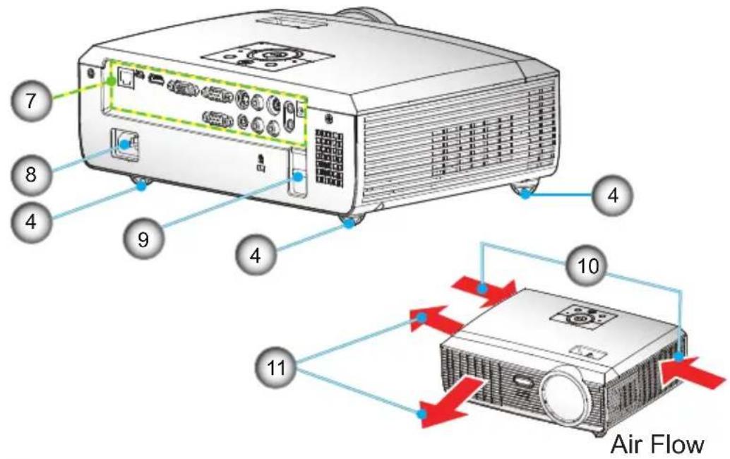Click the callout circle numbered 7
click(31, 100)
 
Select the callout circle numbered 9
click(143, 239)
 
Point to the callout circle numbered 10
click(588, 266)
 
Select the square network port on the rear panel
click(125, 78)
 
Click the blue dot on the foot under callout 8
click(141, 186)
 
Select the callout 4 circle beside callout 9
click(255, 255)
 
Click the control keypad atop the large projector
click(268, 57)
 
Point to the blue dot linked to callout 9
click(299, 177)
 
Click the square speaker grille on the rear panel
click(329, 156)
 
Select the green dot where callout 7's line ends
click(111, 81)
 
